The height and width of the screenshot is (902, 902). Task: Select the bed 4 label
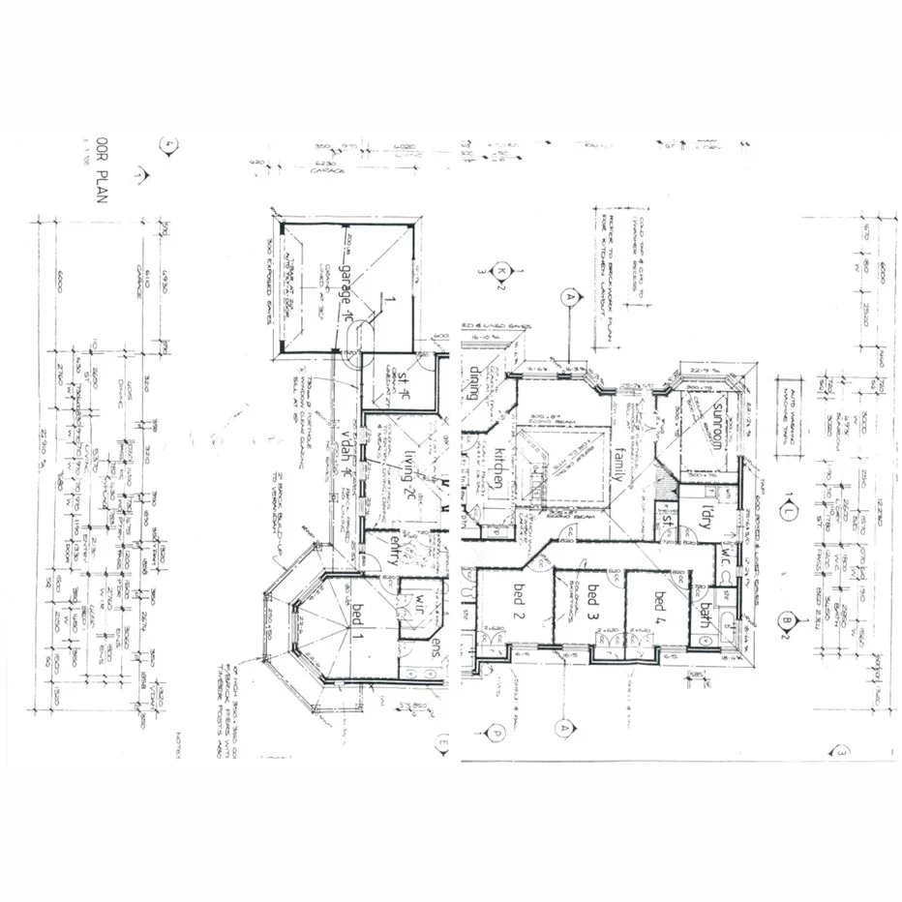[661, 606]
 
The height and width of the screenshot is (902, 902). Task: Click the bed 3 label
[592, 604]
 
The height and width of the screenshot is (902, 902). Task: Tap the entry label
[395, 554]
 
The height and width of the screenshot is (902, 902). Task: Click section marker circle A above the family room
[570, 298]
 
